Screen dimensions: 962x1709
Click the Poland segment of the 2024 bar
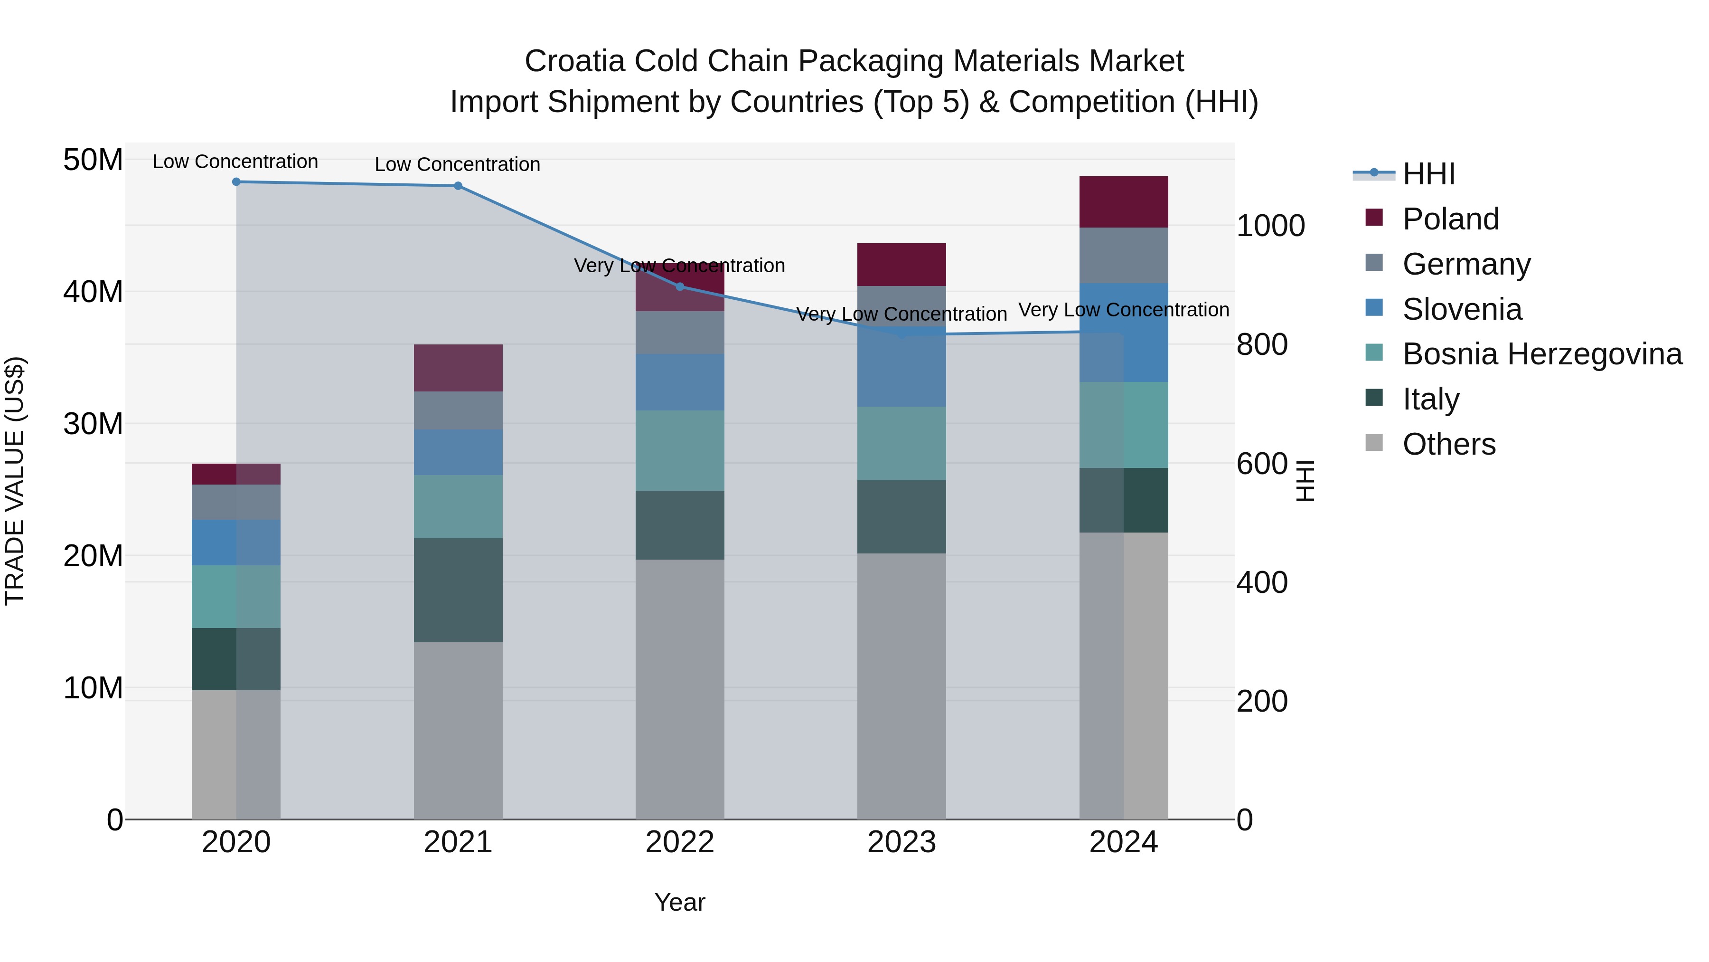pyautogui.click(x=1123, y=202)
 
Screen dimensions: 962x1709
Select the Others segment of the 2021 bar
pyautogui.click(x=458, y=730)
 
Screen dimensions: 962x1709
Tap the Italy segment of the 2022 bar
pyautogui.click(x=679, y=524)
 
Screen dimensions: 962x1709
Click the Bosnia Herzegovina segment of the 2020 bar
pyautogui.click(x=236, y=596)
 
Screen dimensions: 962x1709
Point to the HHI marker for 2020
pyautogui.click(x=236, y=182)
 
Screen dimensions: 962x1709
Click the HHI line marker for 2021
pyautogui.click(x=458, y=186)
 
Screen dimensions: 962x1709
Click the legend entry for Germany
pyautogui.click(x=1466, y=264)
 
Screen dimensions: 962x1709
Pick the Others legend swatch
pyautogui.click(x=1374, y=443)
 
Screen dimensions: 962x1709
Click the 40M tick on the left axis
pyautogui.click(x=93, y=292)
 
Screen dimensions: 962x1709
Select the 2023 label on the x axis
pyautogui.click(x=901, y=842)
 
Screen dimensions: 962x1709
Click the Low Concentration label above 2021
pyautogui.click(x=457, y=164)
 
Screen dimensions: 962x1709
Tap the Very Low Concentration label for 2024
pyautogui.click(x=1123, y=309)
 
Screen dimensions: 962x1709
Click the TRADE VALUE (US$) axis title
pyautogui.click(x=15, y=481)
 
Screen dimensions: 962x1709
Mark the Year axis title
pyautogui.click(x=679, y=902)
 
